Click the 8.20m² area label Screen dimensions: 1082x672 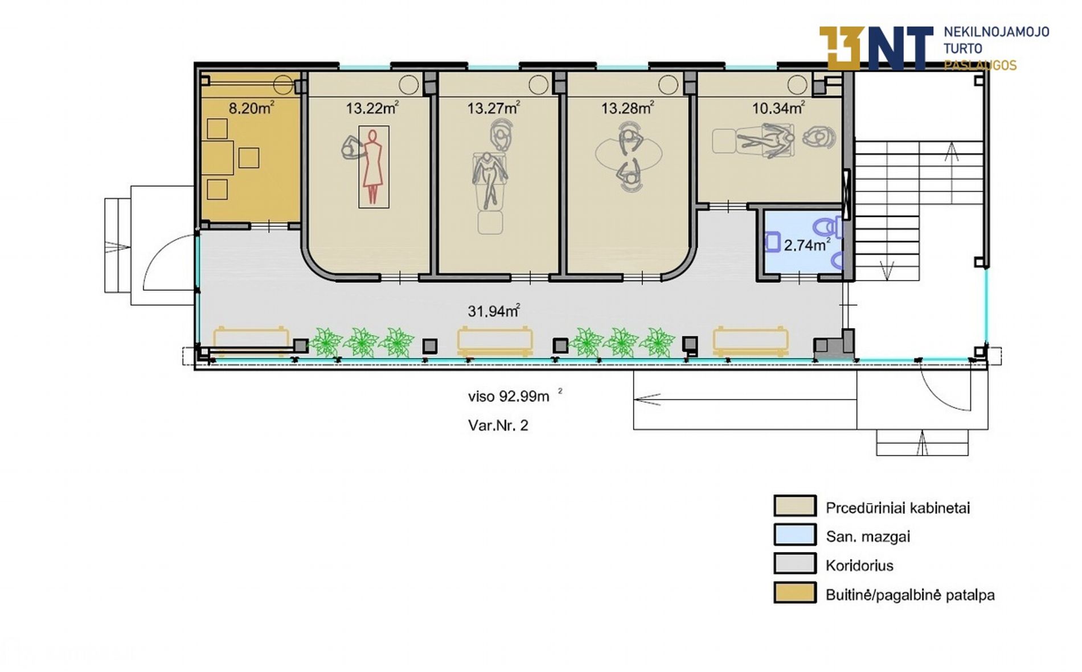coord(251,108)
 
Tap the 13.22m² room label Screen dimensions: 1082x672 coord(372,108)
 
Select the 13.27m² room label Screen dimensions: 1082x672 coord(493,108)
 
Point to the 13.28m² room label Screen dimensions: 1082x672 coord(627,108)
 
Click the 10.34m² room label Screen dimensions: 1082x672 coord(778,108)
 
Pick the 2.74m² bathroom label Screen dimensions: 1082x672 coord(807,245)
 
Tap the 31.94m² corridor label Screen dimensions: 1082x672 coord(494,311)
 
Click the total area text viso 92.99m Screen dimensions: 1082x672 coord(509,396)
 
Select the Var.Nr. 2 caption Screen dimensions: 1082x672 coord(498,425)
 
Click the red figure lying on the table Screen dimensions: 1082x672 coord(373,166)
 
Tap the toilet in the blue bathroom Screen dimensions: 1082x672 coord(827,228)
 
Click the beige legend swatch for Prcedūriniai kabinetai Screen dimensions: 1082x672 coord(794,506)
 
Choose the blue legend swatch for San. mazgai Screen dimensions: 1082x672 coord(794,535)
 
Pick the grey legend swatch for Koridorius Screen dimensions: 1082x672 coord(794,564)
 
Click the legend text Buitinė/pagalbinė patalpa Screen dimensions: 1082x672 coord(910,595)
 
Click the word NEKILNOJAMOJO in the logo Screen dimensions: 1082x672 coord(996,32)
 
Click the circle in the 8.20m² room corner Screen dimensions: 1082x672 coord(283,85)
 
